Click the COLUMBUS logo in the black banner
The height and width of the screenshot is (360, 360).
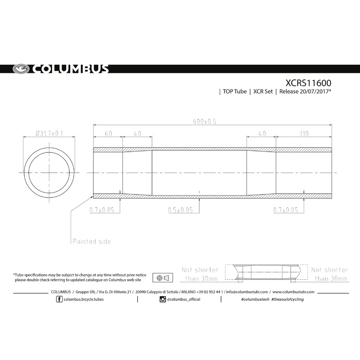point(60,69)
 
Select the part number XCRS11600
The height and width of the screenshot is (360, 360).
point(309,83)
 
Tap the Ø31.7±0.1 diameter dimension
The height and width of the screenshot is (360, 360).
point(49,133)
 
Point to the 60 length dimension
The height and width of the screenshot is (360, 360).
point(108,134)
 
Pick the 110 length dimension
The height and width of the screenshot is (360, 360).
point(304,134)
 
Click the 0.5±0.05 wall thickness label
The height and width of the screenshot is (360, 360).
point(180,210)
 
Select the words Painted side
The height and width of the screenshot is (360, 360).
point(92,241)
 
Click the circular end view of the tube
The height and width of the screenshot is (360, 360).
point(49,173)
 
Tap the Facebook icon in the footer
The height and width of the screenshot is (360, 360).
point(60,299)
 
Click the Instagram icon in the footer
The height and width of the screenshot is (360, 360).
point(162,299)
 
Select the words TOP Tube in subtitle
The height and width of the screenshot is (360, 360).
point(234,92)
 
